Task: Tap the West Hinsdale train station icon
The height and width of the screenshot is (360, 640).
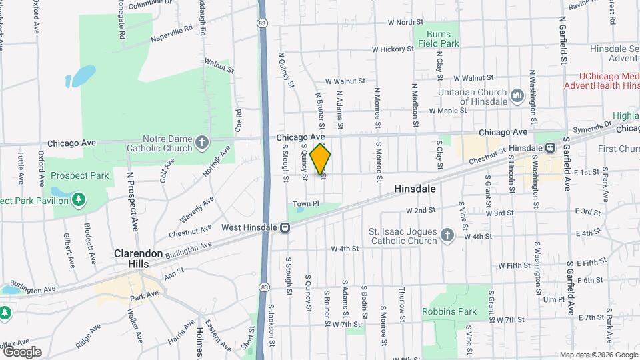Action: (285, 228)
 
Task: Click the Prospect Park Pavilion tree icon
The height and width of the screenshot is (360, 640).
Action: (79, 199)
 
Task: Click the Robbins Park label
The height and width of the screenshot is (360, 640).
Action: (449, 311)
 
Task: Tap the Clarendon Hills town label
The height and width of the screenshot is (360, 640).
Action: (137, 259)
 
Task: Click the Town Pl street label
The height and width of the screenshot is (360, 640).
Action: (306, 203)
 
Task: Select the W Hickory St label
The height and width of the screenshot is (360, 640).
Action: (398, 49)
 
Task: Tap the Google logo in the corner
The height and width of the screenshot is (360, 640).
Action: (22, 351)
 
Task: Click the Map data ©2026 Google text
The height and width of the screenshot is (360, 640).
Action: (598, 355)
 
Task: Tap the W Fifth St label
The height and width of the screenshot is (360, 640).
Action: (514, 265)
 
